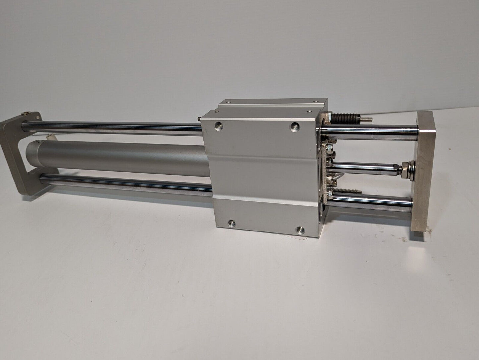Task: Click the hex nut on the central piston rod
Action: (x=405, y=168)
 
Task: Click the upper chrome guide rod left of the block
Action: (x=113, y=128)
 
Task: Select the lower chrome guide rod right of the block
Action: (x=371, y=201)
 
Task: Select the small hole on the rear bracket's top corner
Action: (x=37, y=116)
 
